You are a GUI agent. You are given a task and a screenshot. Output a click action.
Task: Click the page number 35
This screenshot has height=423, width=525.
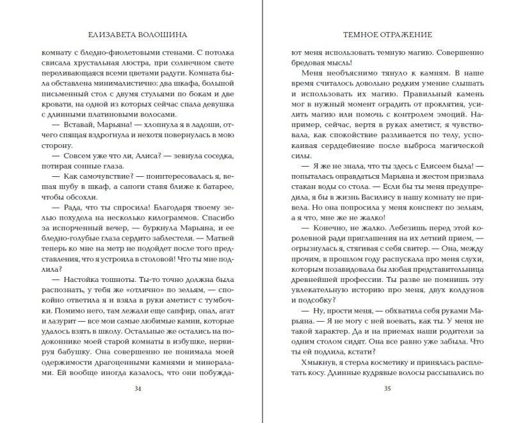point(387,388)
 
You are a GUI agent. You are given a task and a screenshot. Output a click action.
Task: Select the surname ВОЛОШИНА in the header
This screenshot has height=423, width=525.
point(163,34)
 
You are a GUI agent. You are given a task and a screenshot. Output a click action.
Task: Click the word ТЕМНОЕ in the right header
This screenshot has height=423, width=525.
point(360,34)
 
